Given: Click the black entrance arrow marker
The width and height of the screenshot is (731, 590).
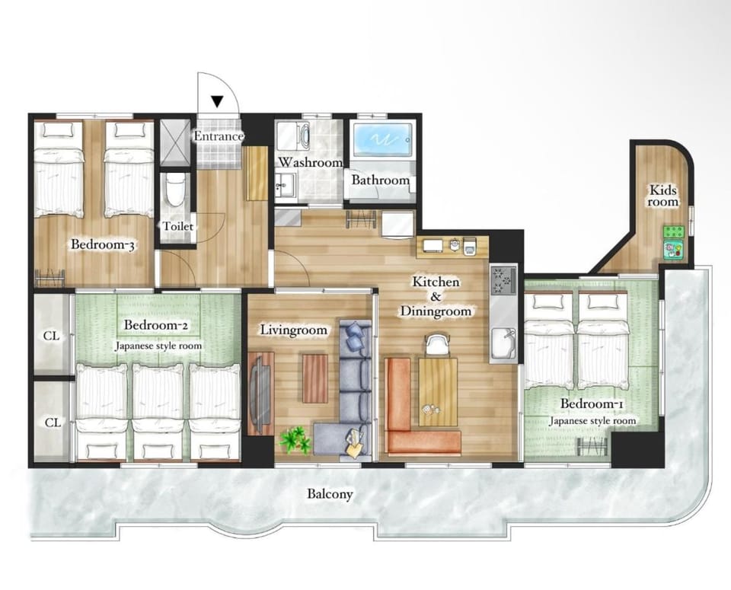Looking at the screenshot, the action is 217,101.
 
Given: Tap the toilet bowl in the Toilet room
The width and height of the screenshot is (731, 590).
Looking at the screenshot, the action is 175,191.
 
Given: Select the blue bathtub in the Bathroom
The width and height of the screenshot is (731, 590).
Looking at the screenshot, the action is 382,139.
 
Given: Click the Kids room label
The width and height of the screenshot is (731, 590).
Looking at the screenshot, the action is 663,196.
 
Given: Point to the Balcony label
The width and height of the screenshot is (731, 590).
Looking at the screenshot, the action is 330,494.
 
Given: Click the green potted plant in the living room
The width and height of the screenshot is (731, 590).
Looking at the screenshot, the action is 295,439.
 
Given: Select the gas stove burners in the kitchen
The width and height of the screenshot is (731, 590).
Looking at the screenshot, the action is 503,279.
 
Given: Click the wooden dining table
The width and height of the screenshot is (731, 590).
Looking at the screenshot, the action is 438,391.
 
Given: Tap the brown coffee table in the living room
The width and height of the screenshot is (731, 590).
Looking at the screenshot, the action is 315,378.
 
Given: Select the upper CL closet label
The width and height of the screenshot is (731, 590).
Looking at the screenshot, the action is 51,336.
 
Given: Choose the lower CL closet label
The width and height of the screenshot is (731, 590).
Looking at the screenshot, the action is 53,423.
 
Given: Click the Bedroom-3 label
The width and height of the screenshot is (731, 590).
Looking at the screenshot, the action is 103,244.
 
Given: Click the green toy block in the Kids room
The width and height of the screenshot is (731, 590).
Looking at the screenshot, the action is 674,231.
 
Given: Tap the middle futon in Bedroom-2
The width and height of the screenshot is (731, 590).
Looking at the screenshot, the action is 158,411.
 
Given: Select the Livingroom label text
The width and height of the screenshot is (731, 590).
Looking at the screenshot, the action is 293,330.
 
